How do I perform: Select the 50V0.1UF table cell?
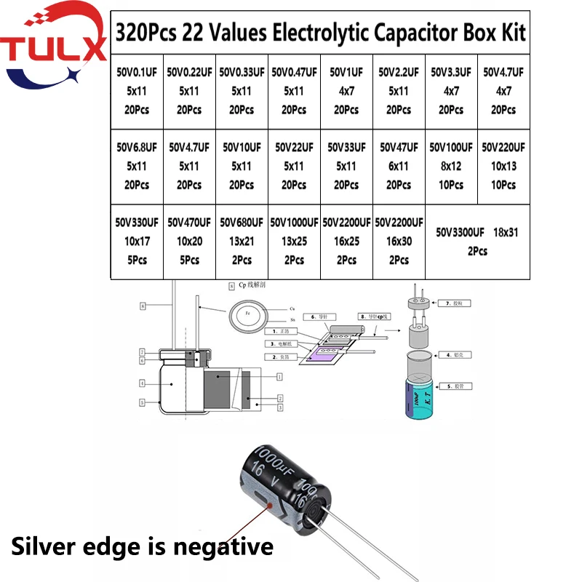coord(137,91)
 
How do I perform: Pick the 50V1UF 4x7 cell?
coord(346,91)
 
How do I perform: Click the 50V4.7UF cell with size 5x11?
coord(189,166)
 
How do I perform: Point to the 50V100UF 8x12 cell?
coord(451,166)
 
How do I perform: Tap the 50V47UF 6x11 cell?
coord(399,166)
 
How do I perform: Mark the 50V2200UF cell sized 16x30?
coord(399,241)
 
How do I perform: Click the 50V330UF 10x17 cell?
coord(137,241)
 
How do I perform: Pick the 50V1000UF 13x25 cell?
coord(294,241)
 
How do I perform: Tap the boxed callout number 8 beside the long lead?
coord(143,306)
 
